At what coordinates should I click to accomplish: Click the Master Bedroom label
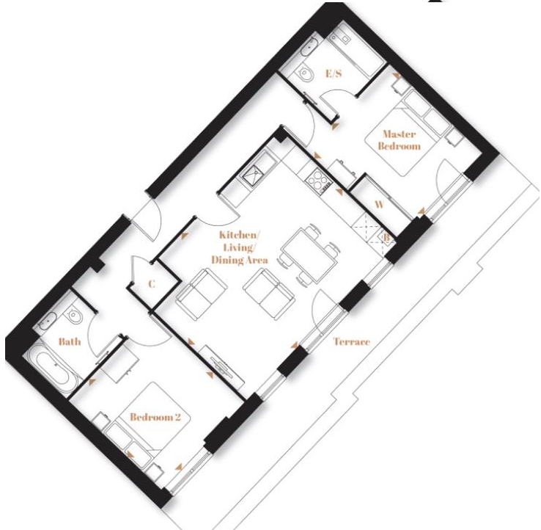[x=400, y=140]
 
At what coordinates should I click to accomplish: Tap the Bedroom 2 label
[x=155, y=417]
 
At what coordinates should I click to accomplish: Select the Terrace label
[x=352, y=341]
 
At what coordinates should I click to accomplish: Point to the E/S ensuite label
[x=334, y=73]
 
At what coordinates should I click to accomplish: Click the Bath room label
[x=70, y=341]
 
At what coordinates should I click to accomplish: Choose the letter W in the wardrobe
[x=379, y=205]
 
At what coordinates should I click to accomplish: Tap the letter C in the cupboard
[x=152, y=283]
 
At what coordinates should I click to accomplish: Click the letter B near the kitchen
[x=386, y=238]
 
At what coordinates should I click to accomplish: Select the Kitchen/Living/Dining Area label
[x=240, y=247]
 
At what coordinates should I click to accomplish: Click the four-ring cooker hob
[x=318, y=181]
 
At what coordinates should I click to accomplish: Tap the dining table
[x=309, y=255]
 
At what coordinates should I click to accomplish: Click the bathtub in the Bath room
[x=54, y=369]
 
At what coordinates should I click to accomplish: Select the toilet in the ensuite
[x=306, y=73]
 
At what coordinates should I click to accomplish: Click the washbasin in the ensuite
[x=309, y=47]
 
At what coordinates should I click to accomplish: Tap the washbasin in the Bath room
[x=47, y=321]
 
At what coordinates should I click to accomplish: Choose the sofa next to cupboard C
[x=201, y=294]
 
